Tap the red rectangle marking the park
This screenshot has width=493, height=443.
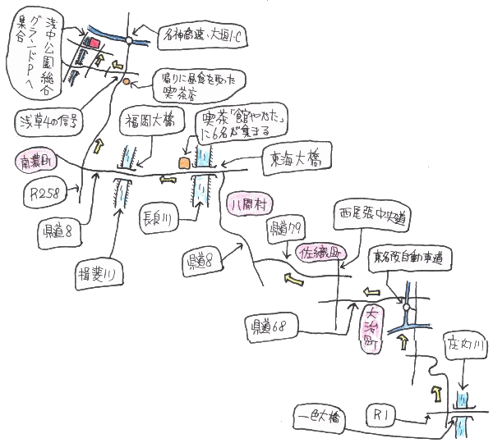point(94,42)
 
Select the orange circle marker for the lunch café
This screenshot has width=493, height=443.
point(126,82)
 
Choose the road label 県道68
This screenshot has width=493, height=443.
point(266,326)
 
